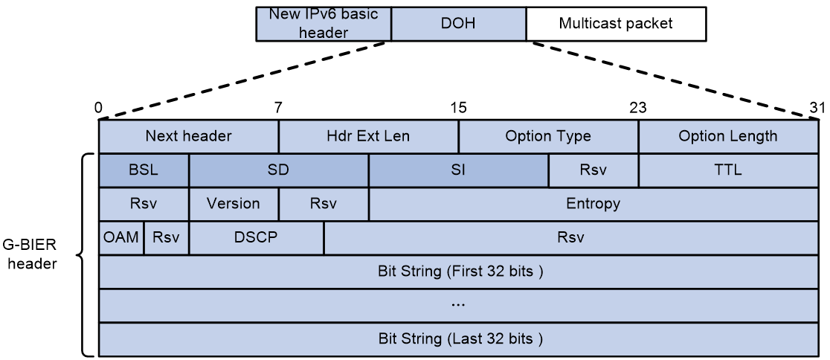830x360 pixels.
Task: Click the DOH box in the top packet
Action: point(458,24)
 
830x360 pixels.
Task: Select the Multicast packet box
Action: point(616,24)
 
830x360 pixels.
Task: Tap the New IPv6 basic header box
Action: point(324,24)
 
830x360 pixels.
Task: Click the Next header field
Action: point(188,137)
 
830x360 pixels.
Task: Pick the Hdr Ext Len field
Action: point(368,137)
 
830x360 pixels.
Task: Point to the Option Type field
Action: point(548,137)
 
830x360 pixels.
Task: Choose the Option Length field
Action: point(728,137)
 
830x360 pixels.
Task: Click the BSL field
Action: point(144,170)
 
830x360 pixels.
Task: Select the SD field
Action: point(278,170)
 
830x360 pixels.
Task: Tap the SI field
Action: point(458,170)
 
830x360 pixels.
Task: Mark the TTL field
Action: point(728,170)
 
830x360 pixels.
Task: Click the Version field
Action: point(234,204)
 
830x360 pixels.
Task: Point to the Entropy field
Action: point(593,204)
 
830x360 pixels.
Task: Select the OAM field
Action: point(121,238)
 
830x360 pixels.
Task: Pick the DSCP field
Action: point(256,238)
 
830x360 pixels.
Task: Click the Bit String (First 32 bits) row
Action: point(458,271)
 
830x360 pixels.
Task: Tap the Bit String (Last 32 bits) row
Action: point(458,339)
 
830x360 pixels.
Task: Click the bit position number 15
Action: point(458,109)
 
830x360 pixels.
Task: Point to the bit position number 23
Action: point(638,109)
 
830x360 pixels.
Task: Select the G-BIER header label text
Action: point(30,254)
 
